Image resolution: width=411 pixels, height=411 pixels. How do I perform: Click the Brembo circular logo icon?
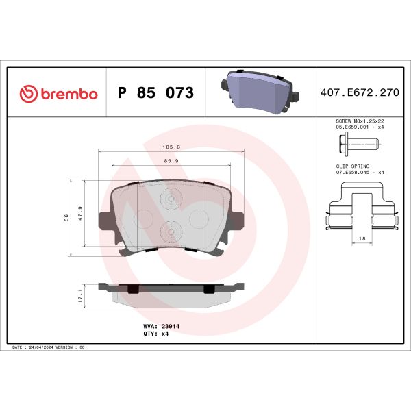(x=28, y=94)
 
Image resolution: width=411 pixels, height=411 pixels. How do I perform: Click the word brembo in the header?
(x=67, y=94)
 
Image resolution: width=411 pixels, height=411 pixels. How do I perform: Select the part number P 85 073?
(x=155, y=93)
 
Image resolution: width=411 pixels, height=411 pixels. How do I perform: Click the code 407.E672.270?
(x=358, y=93)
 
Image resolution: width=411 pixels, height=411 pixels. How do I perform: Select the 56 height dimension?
(x=66, y=217)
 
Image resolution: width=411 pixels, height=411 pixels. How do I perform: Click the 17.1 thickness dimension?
(x=80, y=295)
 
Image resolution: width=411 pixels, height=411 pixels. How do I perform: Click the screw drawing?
(x=358, y=143)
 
